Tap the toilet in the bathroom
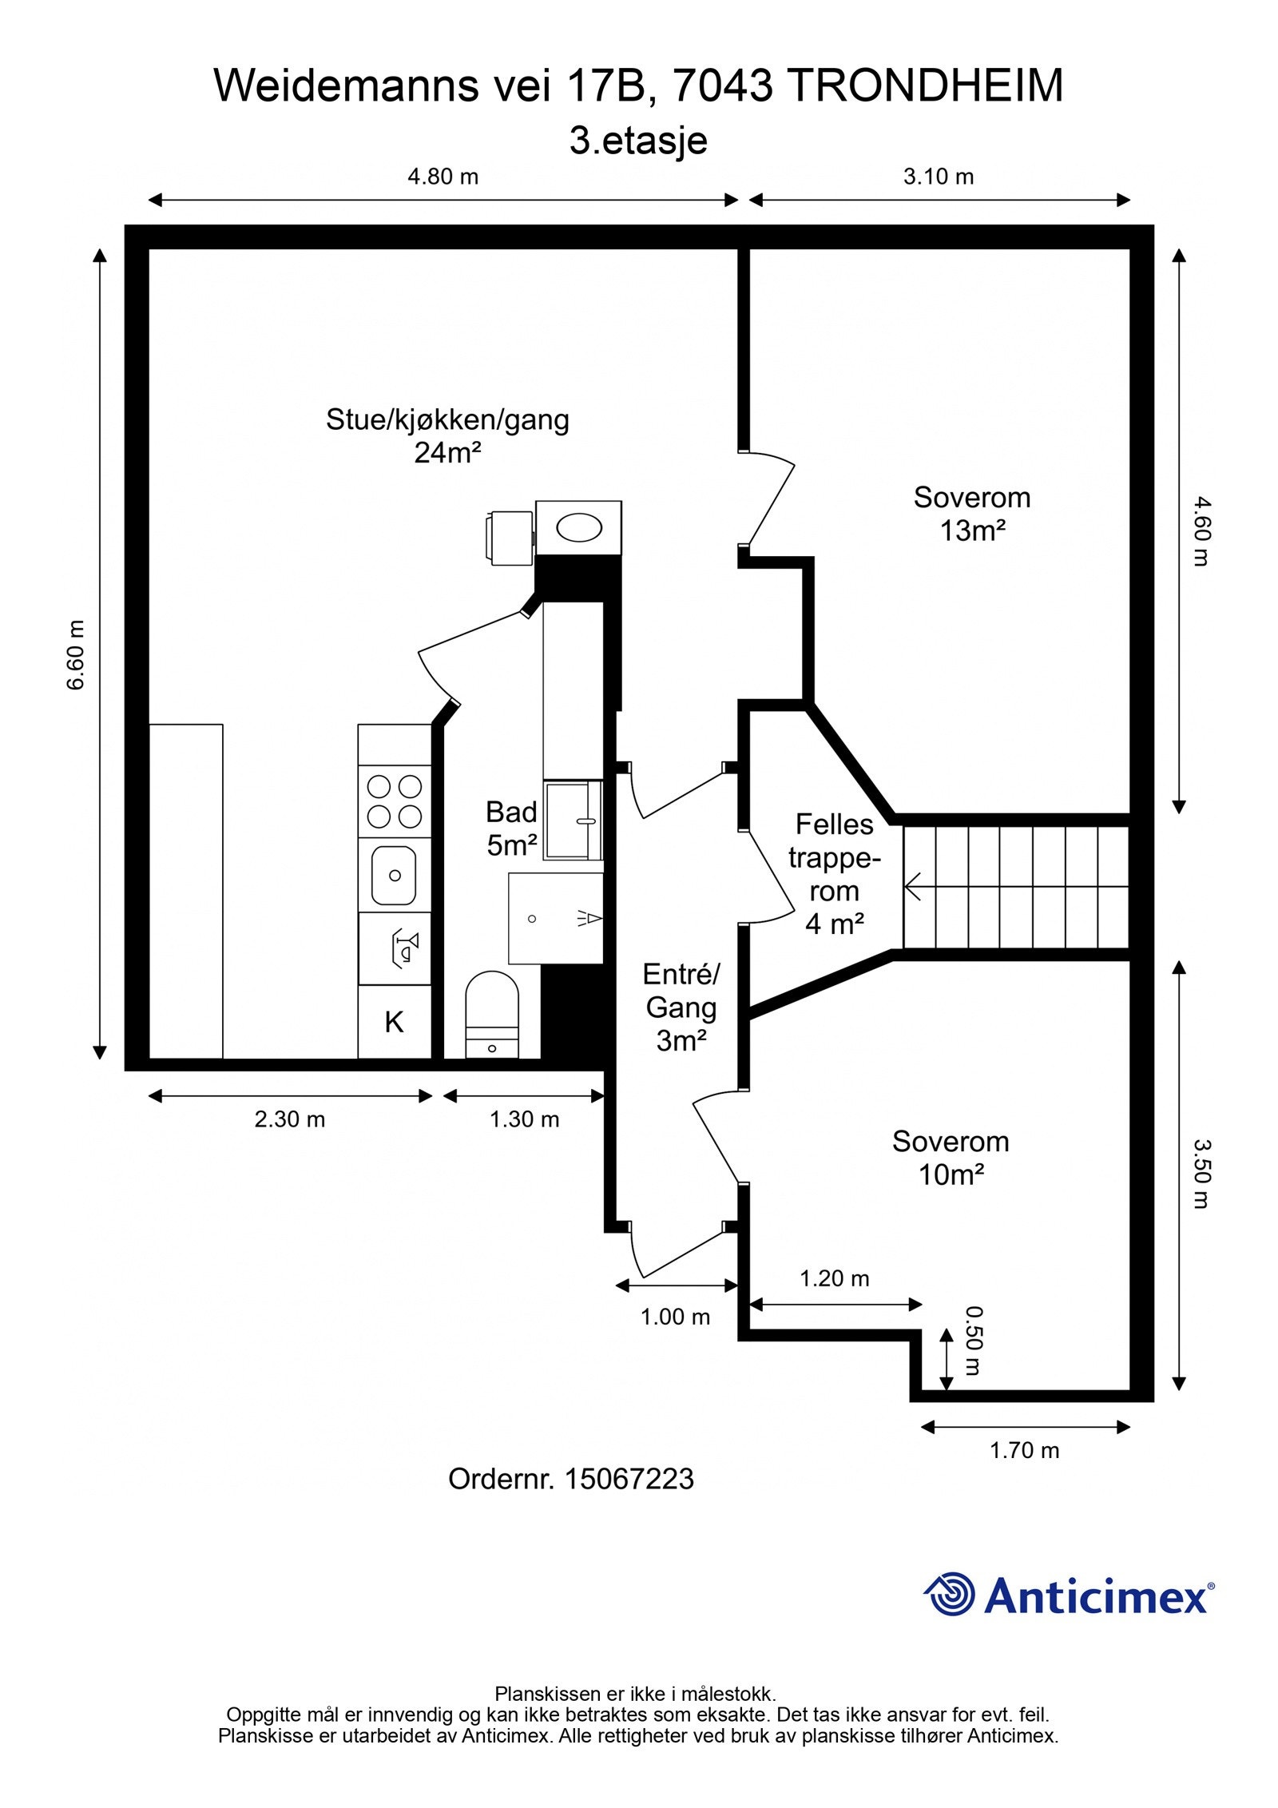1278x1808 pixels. pos(492,1014)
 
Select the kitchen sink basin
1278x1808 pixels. pos(394,876)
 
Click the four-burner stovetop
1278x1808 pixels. pos(394,801)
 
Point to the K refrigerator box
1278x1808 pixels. pos(395,1022)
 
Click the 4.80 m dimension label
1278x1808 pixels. pos(443,176)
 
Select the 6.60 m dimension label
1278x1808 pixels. pos(76,655)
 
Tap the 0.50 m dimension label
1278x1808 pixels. pos(974,1341)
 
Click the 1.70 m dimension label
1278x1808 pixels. pos(1025,1450)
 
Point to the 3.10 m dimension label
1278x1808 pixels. pos(939,176)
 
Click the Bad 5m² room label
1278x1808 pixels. pos(511,829)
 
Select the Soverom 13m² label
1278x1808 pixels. pos(972,514)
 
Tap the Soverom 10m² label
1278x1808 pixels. pos(951,1158)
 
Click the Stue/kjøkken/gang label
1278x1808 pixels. pos(447,419)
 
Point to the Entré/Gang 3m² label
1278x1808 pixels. pos(681,1007)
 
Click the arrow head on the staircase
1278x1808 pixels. pos(912,886)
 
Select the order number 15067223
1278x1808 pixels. pos(629,1479)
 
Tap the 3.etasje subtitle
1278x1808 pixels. pos(638,141)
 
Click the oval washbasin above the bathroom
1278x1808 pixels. pos(579,528)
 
